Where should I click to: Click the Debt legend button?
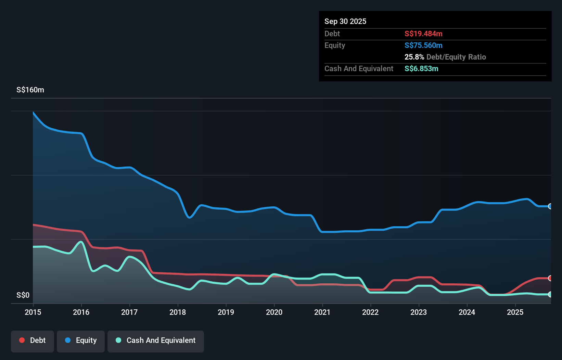pos(33,340)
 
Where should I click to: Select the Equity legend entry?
pos(81,340)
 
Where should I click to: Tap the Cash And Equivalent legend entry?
pos(156,340)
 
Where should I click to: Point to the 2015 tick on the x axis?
pos(33,312)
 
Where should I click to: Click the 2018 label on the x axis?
pos(178,312)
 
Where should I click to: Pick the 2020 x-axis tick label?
pos(274,312)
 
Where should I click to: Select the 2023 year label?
pos(419,312)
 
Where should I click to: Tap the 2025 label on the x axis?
pos(515,312)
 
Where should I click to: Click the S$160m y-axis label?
pos(30,90)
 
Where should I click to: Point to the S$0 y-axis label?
pos(23,295)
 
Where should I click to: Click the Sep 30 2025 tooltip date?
pos(345,22)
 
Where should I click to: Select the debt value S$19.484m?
pos(423,34)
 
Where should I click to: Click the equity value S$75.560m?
pos(423,46)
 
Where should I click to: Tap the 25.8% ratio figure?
pos(414,57)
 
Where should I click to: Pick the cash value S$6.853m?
pos(421,69)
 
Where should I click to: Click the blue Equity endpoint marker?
pos(550,206)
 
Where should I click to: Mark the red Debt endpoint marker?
pos(550,278)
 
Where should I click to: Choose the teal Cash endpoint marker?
pos(550,294)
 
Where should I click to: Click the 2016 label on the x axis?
pos(81,312)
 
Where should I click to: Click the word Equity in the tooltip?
pos(335,46)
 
